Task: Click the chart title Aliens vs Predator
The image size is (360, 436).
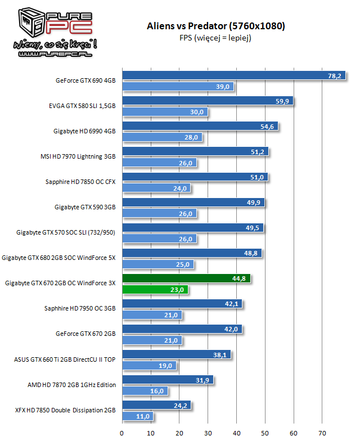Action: [x=215, y=26]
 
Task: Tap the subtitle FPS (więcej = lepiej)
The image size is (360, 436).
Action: [x=215, y=38]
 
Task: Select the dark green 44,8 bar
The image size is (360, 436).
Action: [x=186, y=278]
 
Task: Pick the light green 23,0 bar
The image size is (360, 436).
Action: [x=155, y=290]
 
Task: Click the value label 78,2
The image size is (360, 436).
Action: [x=335, y=76]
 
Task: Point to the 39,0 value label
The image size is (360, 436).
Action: [x=223, y=87]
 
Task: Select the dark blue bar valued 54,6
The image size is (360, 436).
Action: [x=200, y=127]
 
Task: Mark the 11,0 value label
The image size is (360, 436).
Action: [x=143, y=416]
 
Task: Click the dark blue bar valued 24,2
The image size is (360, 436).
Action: [x=157, y=405]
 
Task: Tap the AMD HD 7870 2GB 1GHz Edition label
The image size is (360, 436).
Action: [x=71, y=385]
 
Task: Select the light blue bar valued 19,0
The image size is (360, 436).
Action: [x=149, y=366]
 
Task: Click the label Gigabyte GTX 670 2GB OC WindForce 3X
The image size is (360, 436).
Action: [x=60, y=284]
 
